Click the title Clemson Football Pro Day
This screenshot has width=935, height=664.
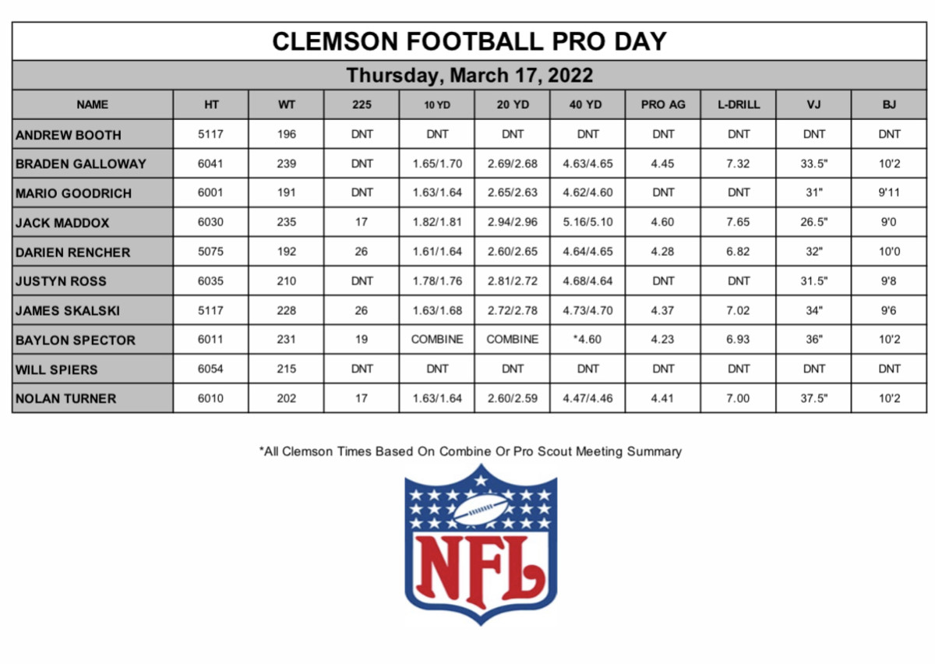point(469,41)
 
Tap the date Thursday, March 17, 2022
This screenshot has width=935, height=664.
point(469,76)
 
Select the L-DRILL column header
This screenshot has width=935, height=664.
point(738,104)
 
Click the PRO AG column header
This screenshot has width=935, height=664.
point(663,104)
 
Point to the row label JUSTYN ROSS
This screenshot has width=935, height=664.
point(61,281)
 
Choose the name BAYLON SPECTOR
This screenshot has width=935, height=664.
point(75,340)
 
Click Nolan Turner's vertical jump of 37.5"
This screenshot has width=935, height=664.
point(813,398)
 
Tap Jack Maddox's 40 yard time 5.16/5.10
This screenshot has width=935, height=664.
point(587,222)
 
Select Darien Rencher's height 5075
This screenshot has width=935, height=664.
point(210,252)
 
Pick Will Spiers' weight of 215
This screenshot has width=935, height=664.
point(286,369)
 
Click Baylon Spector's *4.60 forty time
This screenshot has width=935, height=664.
point(587,340)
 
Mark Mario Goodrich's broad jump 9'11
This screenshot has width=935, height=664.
point(889,192)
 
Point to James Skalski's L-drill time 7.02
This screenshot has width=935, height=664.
point(738,310)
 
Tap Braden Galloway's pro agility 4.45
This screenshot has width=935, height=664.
point(663,164)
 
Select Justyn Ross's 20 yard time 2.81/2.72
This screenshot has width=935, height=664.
point(513,281)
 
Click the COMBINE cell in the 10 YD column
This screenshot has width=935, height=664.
point(437,340)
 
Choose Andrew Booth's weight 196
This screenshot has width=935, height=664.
point(286,134)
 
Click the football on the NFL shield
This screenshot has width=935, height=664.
point(481,510)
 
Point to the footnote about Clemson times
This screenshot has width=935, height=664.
point(470,451)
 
